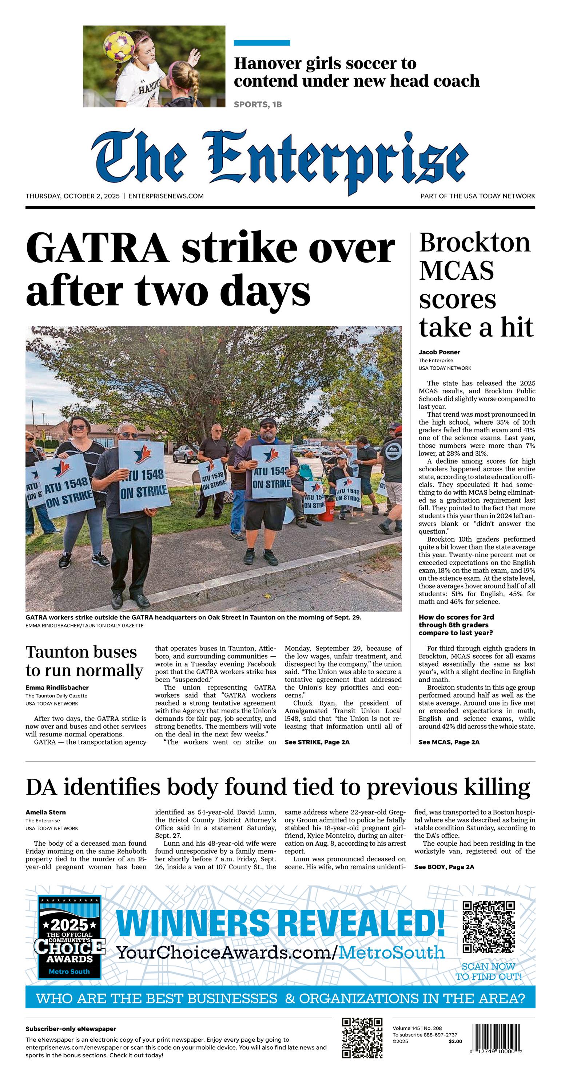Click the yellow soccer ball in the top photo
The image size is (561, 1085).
pos(119,47)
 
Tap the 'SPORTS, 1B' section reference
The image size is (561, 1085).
pos(258,105)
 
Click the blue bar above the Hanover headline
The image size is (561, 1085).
pos(262,43)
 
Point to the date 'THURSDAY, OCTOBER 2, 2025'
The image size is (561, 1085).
pos(72,196)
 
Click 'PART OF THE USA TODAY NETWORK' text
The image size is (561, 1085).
pos(478,196)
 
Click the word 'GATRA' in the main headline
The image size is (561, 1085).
pos(98,248)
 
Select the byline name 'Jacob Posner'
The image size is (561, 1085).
pos(439,352)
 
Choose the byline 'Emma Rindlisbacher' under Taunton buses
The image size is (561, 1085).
pos(57,688)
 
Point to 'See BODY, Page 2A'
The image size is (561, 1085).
pos(444,867)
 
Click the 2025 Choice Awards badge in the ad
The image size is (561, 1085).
pos(69,943)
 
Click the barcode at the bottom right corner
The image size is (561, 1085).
pos(496,1039)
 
